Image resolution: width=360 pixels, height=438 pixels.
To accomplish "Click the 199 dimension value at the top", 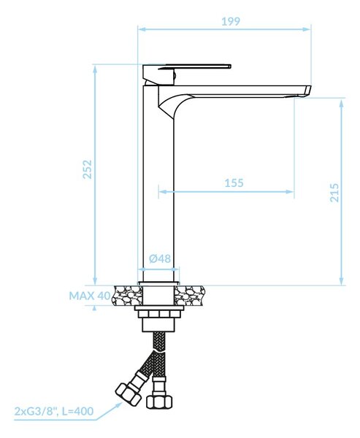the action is [231, 21].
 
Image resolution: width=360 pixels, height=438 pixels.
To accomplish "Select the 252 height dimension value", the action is [88, 169].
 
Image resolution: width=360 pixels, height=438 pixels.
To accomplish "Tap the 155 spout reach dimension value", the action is [234, 183].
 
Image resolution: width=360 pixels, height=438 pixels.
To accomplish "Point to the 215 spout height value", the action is [334, 193].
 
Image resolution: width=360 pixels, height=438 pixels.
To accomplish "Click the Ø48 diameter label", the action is [160, 258].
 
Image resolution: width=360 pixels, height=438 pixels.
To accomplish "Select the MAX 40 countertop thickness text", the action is [90, 296].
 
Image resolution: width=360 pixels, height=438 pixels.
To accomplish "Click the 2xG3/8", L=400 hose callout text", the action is [53, 411].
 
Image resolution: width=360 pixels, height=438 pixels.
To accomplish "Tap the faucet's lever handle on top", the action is [187, 67].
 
